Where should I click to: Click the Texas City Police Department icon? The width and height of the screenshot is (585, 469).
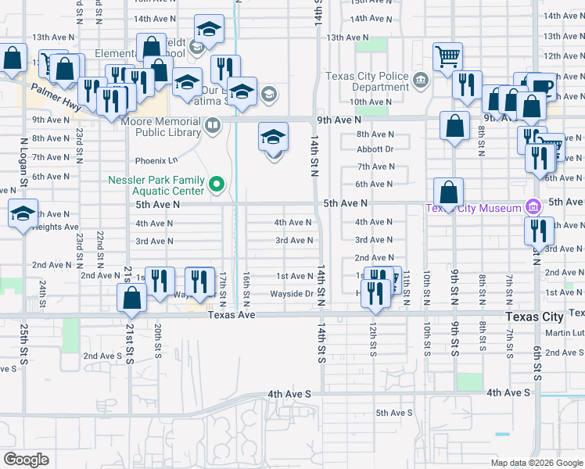(420, 78)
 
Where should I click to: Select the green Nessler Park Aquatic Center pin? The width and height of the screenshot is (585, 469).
(218, 185)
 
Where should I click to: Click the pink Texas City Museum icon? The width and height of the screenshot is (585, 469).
(533, 207)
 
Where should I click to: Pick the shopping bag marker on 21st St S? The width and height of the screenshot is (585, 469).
(131, 297)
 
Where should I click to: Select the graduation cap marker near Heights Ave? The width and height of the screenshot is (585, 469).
(23, 213)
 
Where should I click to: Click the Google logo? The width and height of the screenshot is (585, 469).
(27, 459)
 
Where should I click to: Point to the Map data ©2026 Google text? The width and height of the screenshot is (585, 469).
(537, 463)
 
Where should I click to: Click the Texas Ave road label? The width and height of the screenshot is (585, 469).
(231, 314)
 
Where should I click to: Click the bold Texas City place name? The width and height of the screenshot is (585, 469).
(534, 317)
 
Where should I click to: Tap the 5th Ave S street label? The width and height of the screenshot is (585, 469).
(393, 413)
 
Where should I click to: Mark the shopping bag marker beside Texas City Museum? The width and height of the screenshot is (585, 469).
(449, 192)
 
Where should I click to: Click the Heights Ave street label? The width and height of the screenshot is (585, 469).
(59, 227)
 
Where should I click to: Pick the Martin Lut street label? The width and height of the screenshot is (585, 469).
(564, 334)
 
